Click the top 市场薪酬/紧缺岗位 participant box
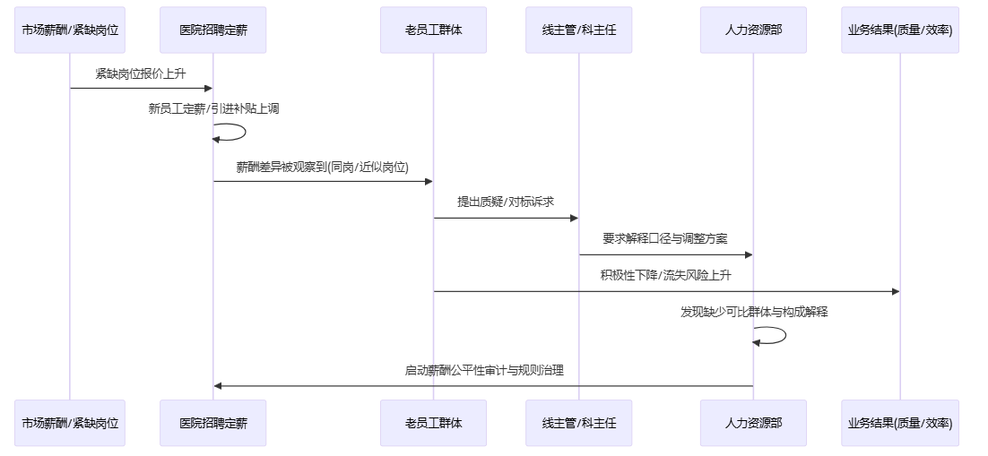[70, 30]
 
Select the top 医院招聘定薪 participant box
[213, 30]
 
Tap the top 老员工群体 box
[433, 30]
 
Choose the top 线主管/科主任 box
[578, 30]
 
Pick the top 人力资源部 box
[753, 30]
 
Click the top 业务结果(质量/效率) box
[900, 30]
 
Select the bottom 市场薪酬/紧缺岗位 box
[70, 423]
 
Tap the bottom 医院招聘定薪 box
[213, 423]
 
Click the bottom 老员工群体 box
[433, 423]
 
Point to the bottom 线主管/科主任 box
[578, 423]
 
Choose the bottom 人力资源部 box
[753, 423]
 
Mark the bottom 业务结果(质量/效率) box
[900, 423]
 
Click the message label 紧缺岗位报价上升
[142, 73]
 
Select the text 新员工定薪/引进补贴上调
[213, 109]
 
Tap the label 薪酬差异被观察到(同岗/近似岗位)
[323, 167]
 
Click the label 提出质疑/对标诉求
[506, 202]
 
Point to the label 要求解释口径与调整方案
[665, 239]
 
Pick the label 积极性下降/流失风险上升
[666, 275]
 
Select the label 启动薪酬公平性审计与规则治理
[484, 370]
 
